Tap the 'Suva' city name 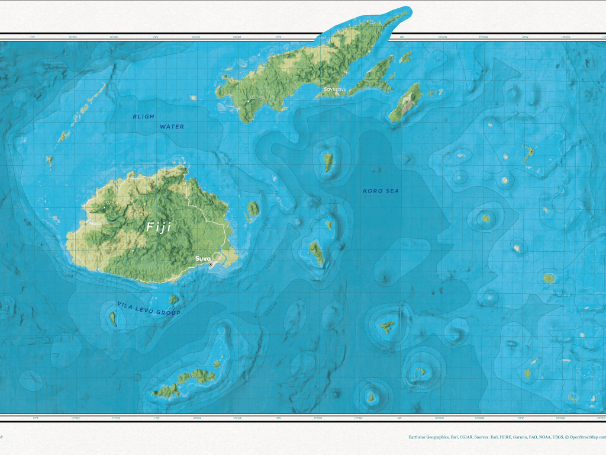click(x=203, y=258)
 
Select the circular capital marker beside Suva click(x=210, y=265)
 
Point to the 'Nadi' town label click(x=95, y=223)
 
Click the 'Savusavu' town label click(x=336, y=89)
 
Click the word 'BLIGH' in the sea click(x=143, y=117)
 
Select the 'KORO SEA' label click(x=381, y=191)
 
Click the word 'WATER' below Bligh click(x=172, y=127)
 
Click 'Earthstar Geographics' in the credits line click(x=429, y=437)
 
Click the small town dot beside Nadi click(x=86, y=224)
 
